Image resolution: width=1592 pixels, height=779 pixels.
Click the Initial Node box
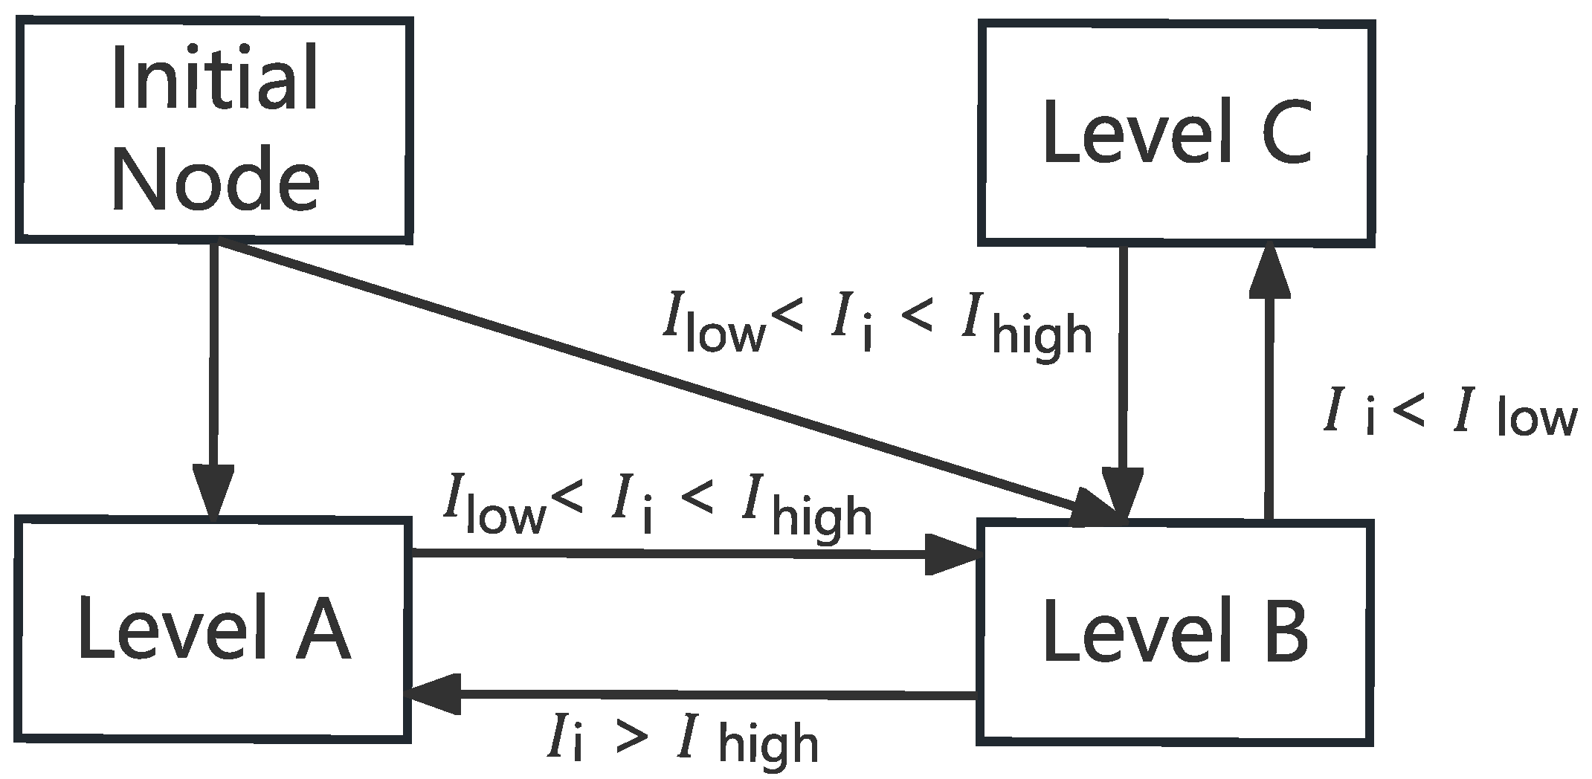(214, 130)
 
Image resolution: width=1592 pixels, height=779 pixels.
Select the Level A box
(213, 629)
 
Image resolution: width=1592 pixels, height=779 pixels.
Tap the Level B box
(1175, 632)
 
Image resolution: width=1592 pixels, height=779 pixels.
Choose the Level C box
(1175, 132)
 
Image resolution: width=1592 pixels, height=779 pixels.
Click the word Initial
(216, 78)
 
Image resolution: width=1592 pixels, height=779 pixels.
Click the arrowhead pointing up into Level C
(1269, 271)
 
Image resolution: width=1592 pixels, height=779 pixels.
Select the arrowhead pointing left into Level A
(435, 694)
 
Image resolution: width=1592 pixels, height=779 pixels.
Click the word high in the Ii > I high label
(770, 743)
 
